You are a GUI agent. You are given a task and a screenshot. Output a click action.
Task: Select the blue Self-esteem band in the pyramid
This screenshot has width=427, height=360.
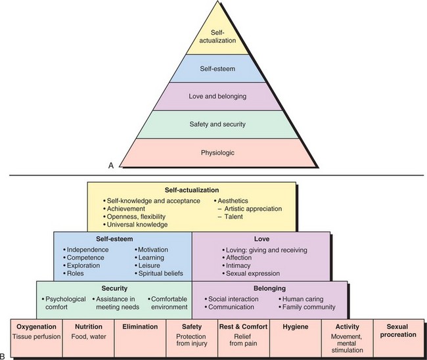217,68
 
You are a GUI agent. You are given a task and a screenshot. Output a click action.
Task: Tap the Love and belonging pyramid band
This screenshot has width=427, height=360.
217,97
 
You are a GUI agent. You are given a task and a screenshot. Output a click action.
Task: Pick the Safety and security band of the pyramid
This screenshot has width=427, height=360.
217,125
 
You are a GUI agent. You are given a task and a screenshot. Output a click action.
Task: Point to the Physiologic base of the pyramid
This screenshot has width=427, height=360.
217,154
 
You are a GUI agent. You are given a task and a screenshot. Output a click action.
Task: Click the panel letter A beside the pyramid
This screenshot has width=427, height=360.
112,167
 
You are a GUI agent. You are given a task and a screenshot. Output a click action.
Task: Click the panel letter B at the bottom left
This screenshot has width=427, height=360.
5,356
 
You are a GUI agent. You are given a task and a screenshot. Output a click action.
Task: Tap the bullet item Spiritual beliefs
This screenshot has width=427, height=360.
161,273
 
